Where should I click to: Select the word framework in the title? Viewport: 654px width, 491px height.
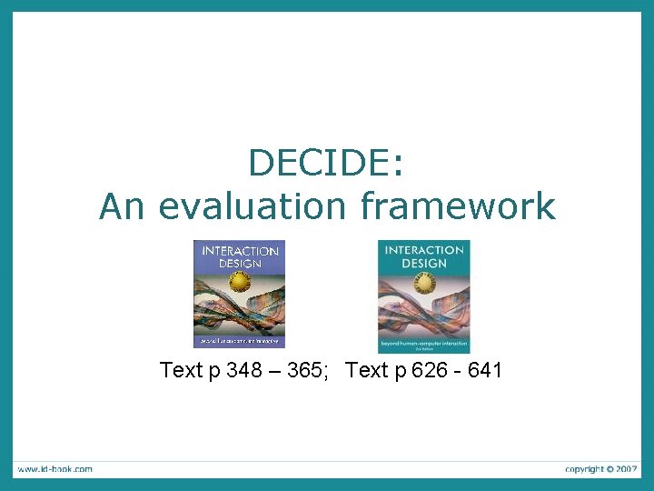pos(458,205)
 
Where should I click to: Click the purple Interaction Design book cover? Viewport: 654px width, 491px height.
pos(239,294)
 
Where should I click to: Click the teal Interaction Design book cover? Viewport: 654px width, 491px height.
pos(423,296)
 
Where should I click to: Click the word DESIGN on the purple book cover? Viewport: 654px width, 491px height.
pos(240,264)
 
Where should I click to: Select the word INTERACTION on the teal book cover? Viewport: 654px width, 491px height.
pos(424,250)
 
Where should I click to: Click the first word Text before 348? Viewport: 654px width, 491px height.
pos(182,370)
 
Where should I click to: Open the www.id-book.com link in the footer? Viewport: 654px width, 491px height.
pos(54,469)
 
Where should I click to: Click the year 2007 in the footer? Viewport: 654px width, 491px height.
pos(626,469)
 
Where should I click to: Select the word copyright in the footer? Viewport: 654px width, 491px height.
pos(584,469)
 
